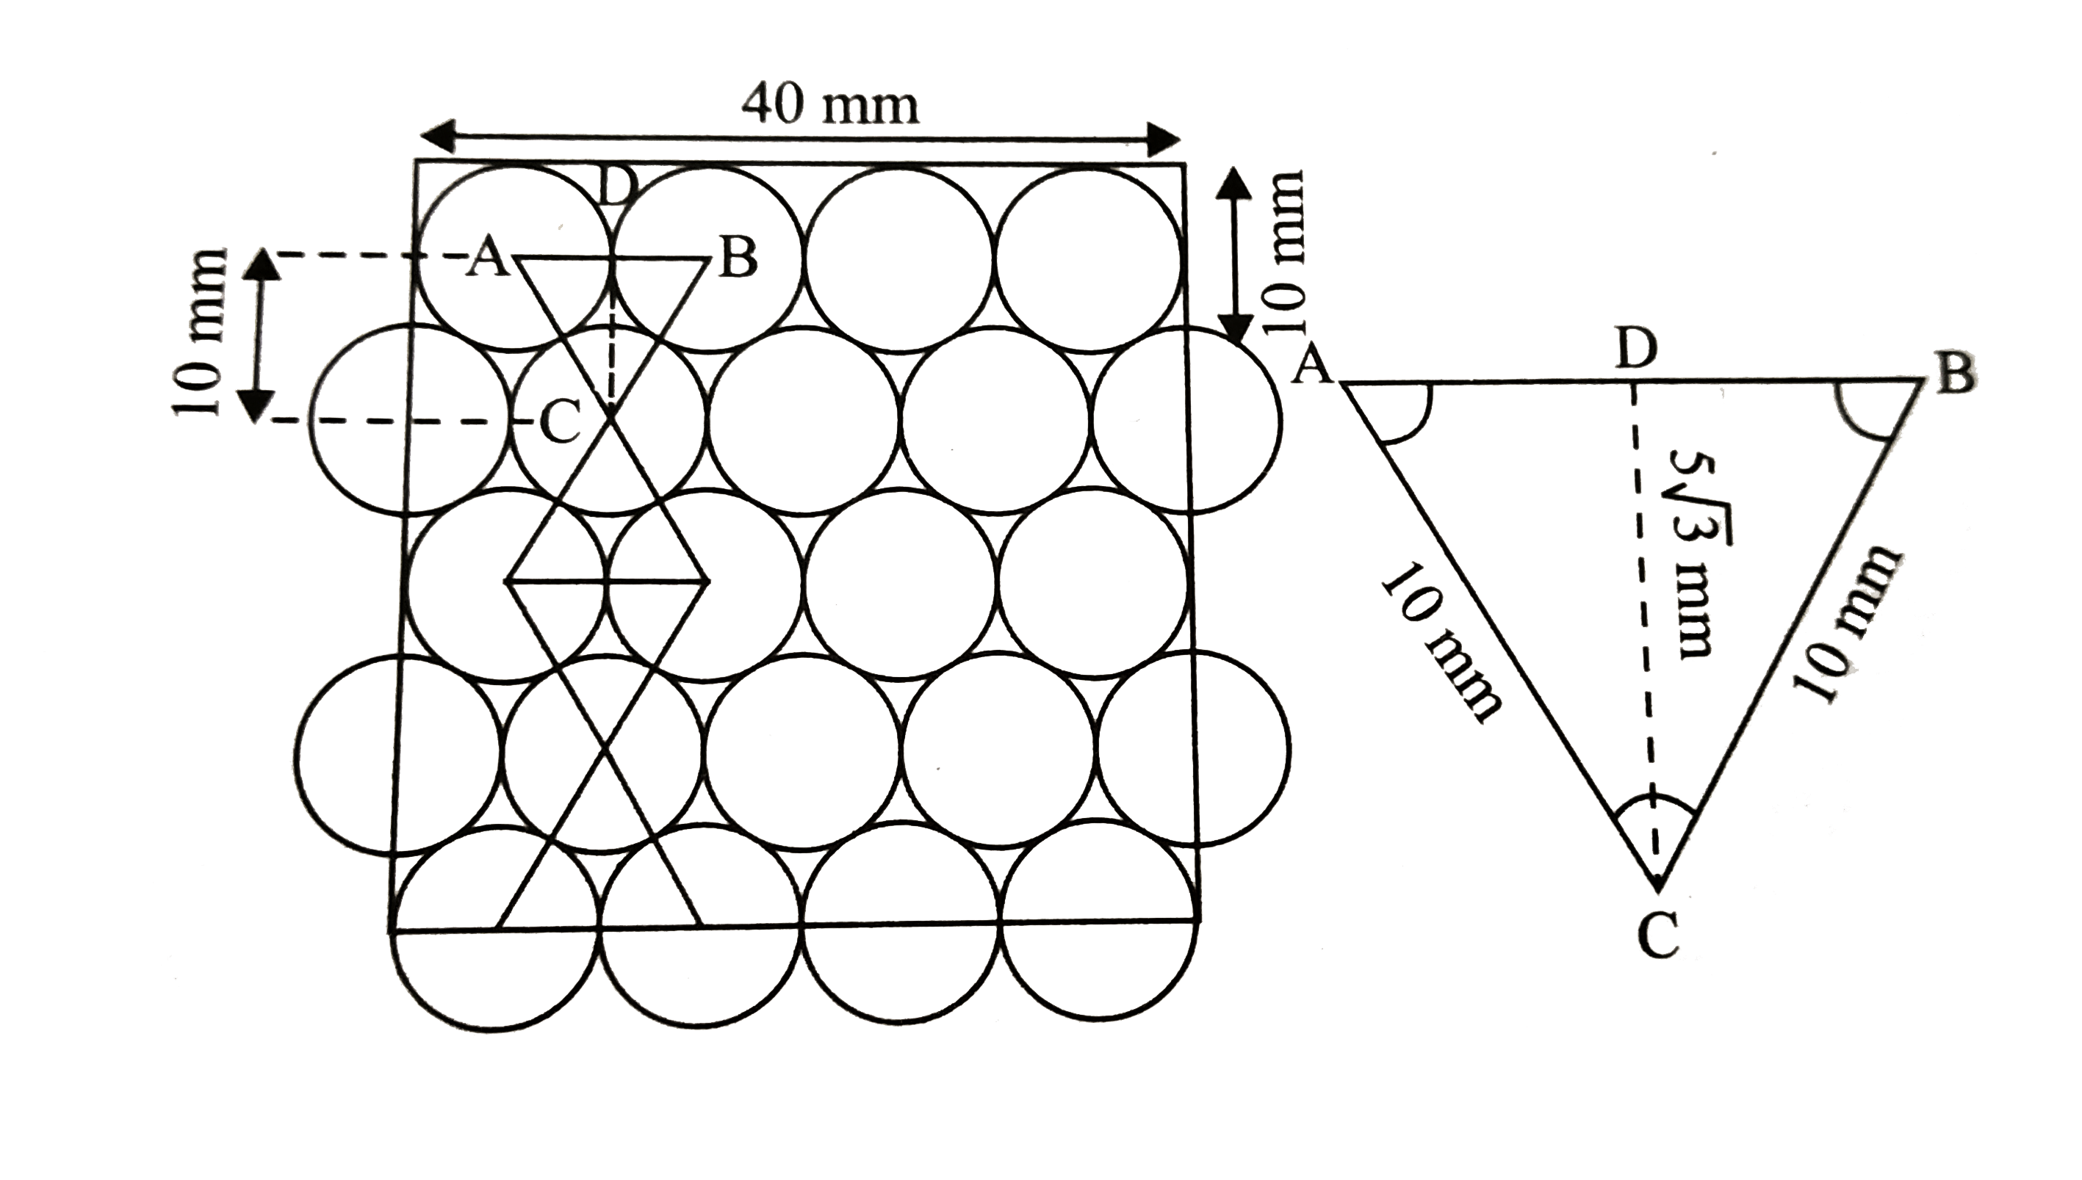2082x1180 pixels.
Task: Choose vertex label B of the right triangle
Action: (x=1956, y=375)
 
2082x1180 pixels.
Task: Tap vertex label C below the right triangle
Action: (x=1657, y=940)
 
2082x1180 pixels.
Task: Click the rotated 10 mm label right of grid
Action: (x=1283, y=250)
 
